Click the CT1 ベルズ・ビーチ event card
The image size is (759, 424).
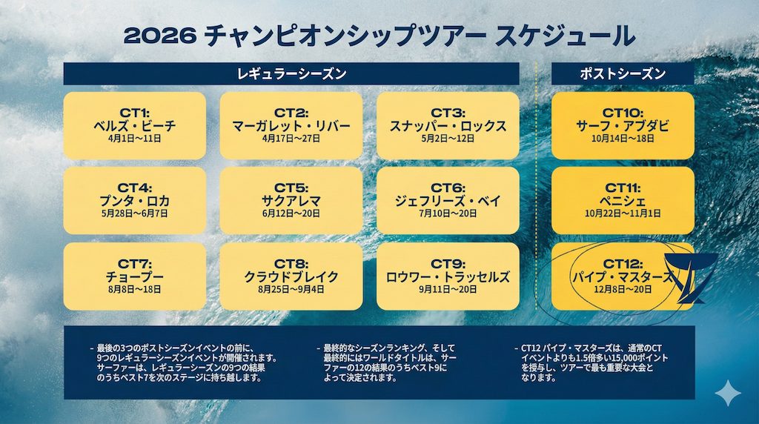[135, 126]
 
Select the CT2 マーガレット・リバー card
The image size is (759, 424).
[291, 126]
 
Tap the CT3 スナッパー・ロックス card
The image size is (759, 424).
[448, 126]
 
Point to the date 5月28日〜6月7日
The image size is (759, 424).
[135, 213]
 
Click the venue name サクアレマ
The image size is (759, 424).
[291, 201]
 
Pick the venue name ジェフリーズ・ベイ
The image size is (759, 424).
[448, 201]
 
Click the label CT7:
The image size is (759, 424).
[135, 264]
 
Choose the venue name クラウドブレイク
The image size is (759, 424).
[291, 276]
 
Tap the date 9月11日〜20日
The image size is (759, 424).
[448, 289]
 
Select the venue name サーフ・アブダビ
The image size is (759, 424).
[623, 126]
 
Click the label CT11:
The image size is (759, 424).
[623, 188]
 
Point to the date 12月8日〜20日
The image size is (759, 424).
[623, 289]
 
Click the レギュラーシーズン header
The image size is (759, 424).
[291, 73]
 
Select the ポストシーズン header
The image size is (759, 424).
[623, 73]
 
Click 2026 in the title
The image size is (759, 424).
[160, 36]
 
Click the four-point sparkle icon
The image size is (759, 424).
[728, 393]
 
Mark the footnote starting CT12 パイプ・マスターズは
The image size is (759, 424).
[591, 362]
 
